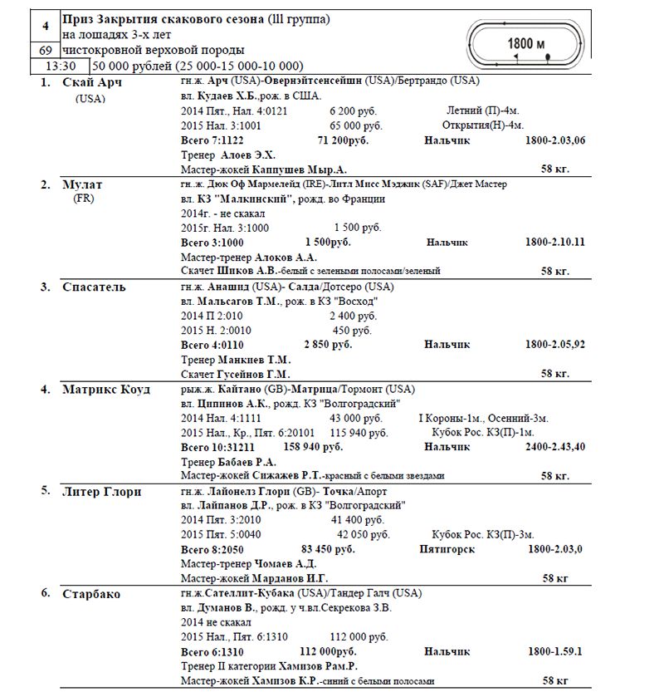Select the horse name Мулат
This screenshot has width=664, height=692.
pyautogui.click(x=83, y=184)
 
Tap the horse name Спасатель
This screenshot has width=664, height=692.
pyautogui.click(x=94, y=287)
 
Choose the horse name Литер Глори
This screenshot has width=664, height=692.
pyautogui.click(x=101, y=491)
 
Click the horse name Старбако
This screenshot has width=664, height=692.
pyautogui.click(x=91, y=594)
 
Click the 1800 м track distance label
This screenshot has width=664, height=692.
pyautogui.click(x=526, y=43)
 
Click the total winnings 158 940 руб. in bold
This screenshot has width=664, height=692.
pyautogui.click(x=313, y=447)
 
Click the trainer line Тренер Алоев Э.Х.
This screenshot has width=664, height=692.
pyautogui.click(x=228, y=155)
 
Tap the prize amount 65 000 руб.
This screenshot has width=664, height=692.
pyautogui.click(x=356, y=125)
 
